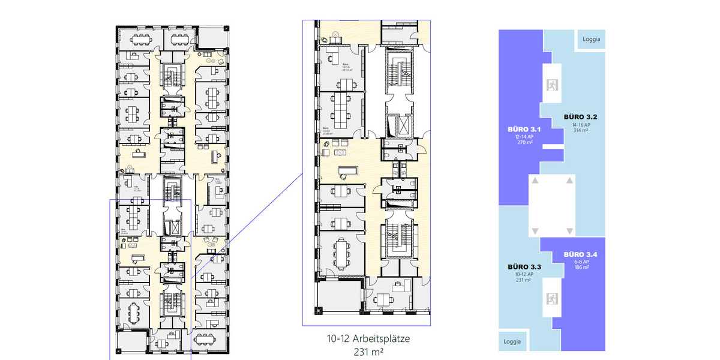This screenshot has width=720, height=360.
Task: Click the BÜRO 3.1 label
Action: pyautogui.click(x=524, y=129)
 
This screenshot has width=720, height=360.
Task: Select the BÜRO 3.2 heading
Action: pyautogui.click(x=579, y=116)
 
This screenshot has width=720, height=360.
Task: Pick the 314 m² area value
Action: pyautogui.click(x=579, y=130)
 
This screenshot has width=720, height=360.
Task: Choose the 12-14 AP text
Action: pyautogui.click(x=524, y=137)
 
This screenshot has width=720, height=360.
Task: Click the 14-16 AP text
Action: pyautogui.click(x=579, y=124)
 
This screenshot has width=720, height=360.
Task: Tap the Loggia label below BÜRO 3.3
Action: pyautogui.click(x=512, y=341)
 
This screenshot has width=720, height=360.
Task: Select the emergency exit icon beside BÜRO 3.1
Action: pyautogui.click(x=551, y=85)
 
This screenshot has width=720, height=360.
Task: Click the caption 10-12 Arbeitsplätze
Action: pyautogui.click(x=368, y=339)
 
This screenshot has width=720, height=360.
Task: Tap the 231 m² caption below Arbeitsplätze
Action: pyautogui.click(x=368, y=352)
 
